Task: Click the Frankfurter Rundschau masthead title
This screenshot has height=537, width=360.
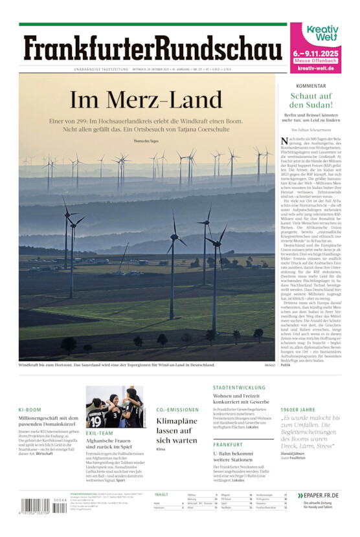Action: point(153,49)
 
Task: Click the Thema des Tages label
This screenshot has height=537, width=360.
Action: point(146,141)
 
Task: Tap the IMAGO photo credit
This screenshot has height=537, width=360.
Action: point(269,365)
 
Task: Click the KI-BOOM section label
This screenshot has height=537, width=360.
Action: point(30,410)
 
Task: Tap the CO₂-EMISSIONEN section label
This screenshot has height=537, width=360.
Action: point(177,410)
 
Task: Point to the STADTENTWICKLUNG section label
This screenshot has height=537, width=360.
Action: point(239,388)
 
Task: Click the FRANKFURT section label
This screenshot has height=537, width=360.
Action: point(228,445)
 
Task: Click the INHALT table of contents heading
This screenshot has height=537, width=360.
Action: point(161,495)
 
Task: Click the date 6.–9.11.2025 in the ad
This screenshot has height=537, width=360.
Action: point(315,53)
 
